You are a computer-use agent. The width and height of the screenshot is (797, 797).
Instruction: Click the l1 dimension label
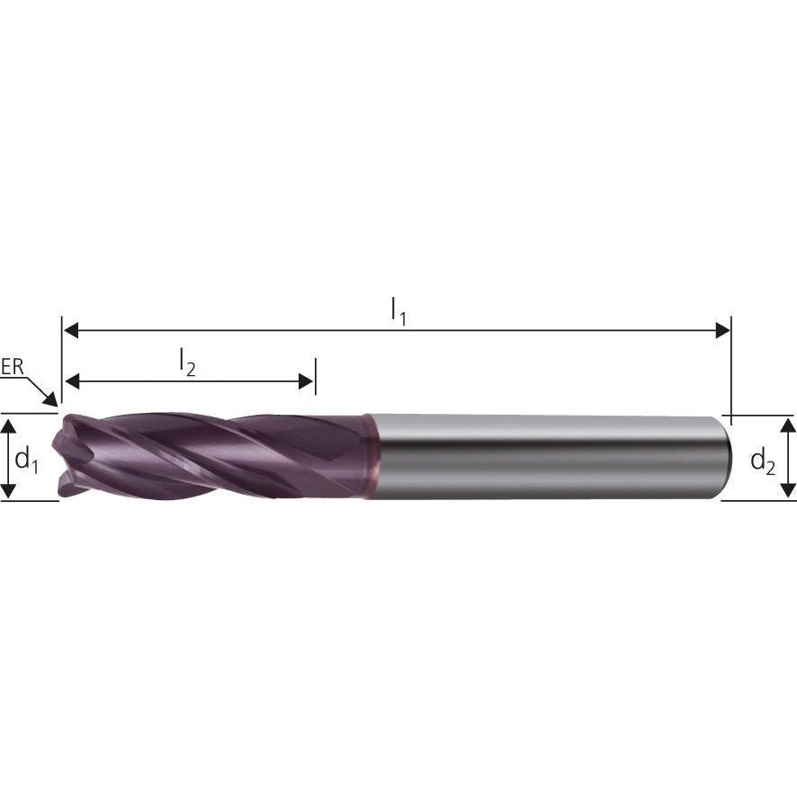(x=398, y=311)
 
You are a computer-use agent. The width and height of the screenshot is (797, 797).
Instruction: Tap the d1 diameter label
(x=26, y=461)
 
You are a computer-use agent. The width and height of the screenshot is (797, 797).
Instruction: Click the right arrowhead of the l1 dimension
(x=721, y=330)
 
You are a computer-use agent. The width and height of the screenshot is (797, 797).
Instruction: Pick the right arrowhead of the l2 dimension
(x=306, y=382)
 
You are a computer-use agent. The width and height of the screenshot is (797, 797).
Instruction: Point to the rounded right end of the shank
(x=723, y=457)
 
